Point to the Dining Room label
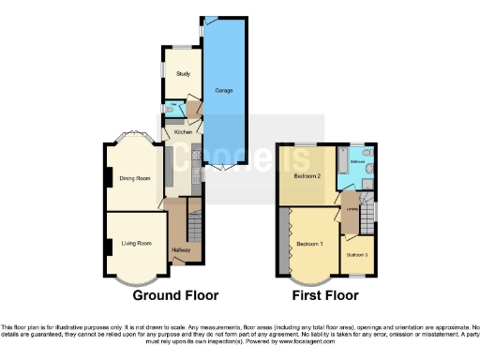coord(135,177)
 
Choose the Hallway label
coord(181,249)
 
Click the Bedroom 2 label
coord(307,175)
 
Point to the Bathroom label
coord(357,162)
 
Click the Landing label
coord(349,208)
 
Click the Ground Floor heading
coord(176,295)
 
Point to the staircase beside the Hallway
coord(195,220)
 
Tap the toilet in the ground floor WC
coord(166,110)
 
